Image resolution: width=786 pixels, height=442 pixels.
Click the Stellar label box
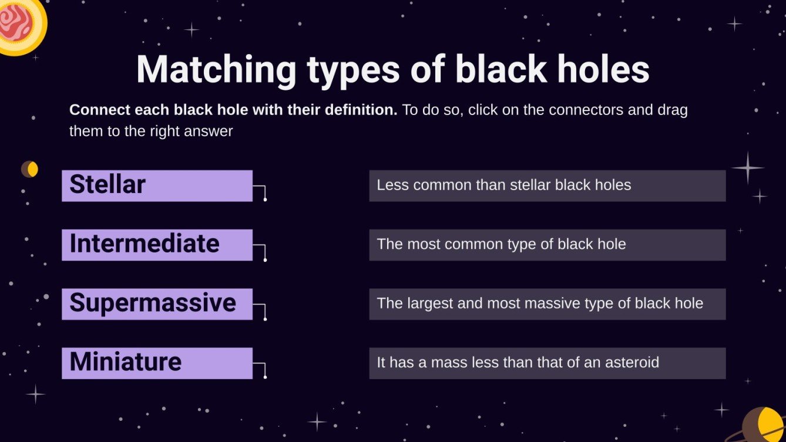pos(157,185)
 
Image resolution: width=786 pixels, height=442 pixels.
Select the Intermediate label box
pos(157,245)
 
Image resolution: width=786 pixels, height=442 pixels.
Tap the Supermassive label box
pos(157,304)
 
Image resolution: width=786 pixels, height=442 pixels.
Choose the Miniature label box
pos(157,363)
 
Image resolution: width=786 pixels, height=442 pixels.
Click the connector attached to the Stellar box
pos(265,199)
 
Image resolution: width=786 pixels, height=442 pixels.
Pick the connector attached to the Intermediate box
pos(265,259)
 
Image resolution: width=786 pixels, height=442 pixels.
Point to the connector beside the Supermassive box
pos(265,318)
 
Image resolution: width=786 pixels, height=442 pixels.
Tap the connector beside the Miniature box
pos(265,377)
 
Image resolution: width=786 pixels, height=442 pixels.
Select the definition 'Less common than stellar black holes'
pos(547,185)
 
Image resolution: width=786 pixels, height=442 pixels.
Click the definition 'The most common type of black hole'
pos(547,245)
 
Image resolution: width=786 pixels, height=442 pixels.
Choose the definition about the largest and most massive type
pos(547,304)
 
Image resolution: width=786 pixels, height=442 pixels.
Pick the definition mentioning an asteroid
pos(547,363)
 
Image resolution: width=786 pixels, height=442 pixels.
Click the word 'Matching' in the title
pos(216,70)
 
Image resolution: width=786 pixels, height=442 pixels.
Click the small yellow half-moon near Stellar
pos(30,169)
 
